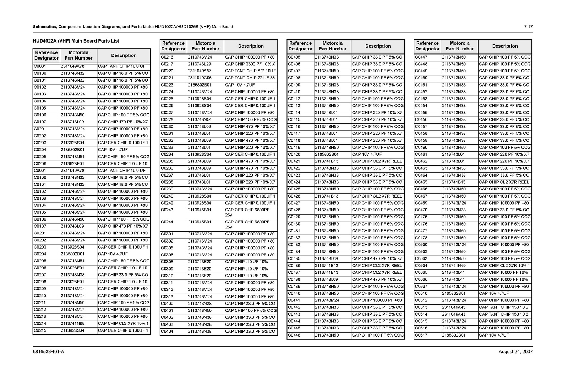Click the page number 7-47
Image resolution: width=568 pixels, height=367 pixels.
click(528, 27)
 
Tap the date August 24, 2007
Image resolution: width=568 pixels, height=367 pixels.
click(515, 352)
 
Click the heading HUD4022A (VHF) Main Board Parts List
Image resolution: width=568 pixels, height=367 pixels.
click(76, 41)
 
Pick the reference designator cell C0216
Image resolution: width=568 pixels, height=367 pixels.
click(167, 57)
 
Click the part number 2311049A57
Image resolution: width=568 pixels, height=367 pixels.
click(200, 71)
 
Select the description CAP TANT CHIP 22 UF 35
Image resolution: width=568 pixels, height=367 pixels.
click(250, 78)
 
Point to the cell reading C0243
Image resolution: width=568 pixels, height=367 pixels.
click(167, 210)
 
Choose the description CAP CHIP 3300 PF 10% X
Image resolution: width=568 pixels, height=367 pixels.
click(250, 64)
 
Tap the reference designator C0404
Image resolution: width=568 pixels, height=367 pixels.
click(167, 332)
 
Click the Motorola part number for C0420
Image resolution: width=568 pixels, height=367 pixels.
click(327, 155)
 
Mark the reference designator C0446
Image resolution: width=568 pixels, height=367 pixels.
click(294, 335)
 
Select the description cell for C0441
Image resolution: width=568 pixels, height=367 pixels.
click(377, 300)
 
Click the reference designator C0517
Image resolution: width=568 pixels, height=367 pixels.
click(421, 335)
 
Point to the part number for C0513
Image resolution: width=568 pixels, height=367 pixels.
click(454, 307)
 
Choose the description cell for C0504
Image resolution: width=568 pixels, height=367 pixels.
click(504, 266)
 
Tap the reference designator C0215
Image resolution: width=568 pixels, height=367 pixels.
click(40, 330)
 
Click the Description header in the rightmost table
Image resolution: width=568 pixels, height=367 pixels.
click(505, 46)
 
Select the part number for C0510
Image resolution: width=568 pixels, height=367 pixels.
click(454, 294)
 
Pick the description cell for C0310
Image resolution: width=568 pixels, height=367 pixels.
click(246, 276)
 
